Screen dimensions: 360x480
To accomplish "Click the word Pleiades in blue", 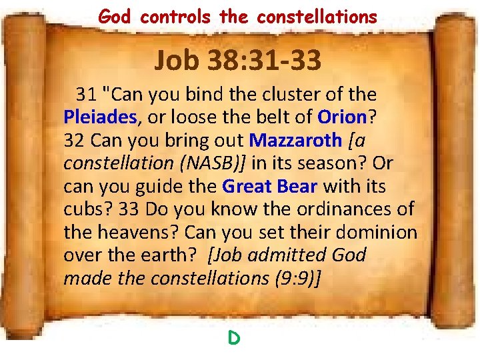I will point(100,117).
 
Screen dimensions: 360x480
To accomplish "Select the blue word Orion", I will point(342,117).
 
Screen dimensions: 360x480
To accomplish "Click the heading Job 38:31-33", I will point(238,61).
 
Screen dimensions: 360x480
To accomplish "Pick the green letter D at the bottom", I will point(233,338).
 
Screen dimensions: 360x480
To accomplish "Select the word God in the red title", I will point(114,16).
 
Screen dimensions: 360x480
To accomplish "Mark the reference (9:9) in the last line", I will point(296,278).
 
